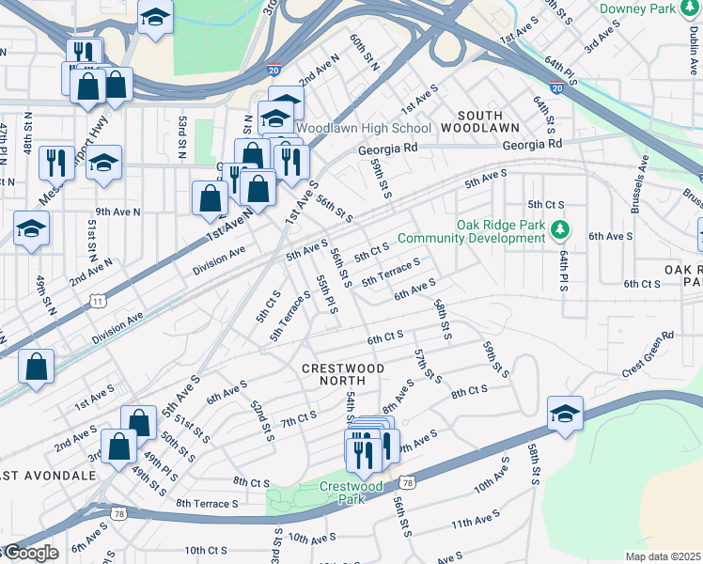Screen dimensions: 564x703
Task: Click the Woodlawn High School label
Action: point(364,128)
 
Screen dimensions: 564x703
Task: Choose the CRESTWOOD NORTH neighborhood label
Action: point(343,368)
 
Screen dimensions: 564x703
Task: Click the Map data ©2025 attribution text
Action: point(663,556)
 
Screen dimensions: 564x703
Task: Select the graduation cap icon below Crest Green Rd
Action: point(566,414)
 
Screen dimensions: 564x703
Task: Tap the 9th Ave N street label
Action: point(117,212)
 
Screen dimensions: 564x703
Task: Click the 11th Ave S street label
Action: point(476,522)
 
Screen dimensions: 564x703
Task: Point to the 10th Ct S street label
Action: point(207,550)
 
